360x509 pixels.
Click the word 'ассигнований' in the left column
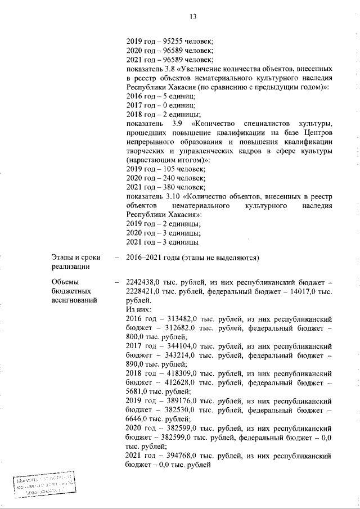(74, 300)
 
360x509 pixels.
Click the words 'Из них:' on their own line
(138, 309)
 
